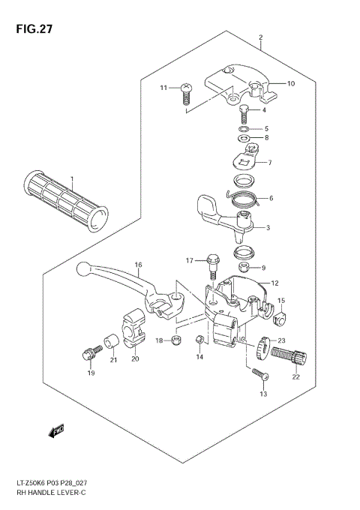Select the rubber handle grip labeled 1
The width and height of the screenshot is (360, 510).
point(66,202)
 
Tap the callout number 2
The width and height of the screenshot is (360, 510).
point(260,37)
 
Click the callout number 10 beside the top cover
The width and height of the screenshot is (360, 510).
point(291,83)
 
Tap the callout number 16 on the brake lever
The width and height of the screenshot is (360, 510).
point(138,265)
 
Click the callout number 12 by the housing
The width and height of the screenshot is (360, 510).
point(274,283)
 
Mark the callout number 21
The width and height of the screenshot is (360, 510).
point(113,360)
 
